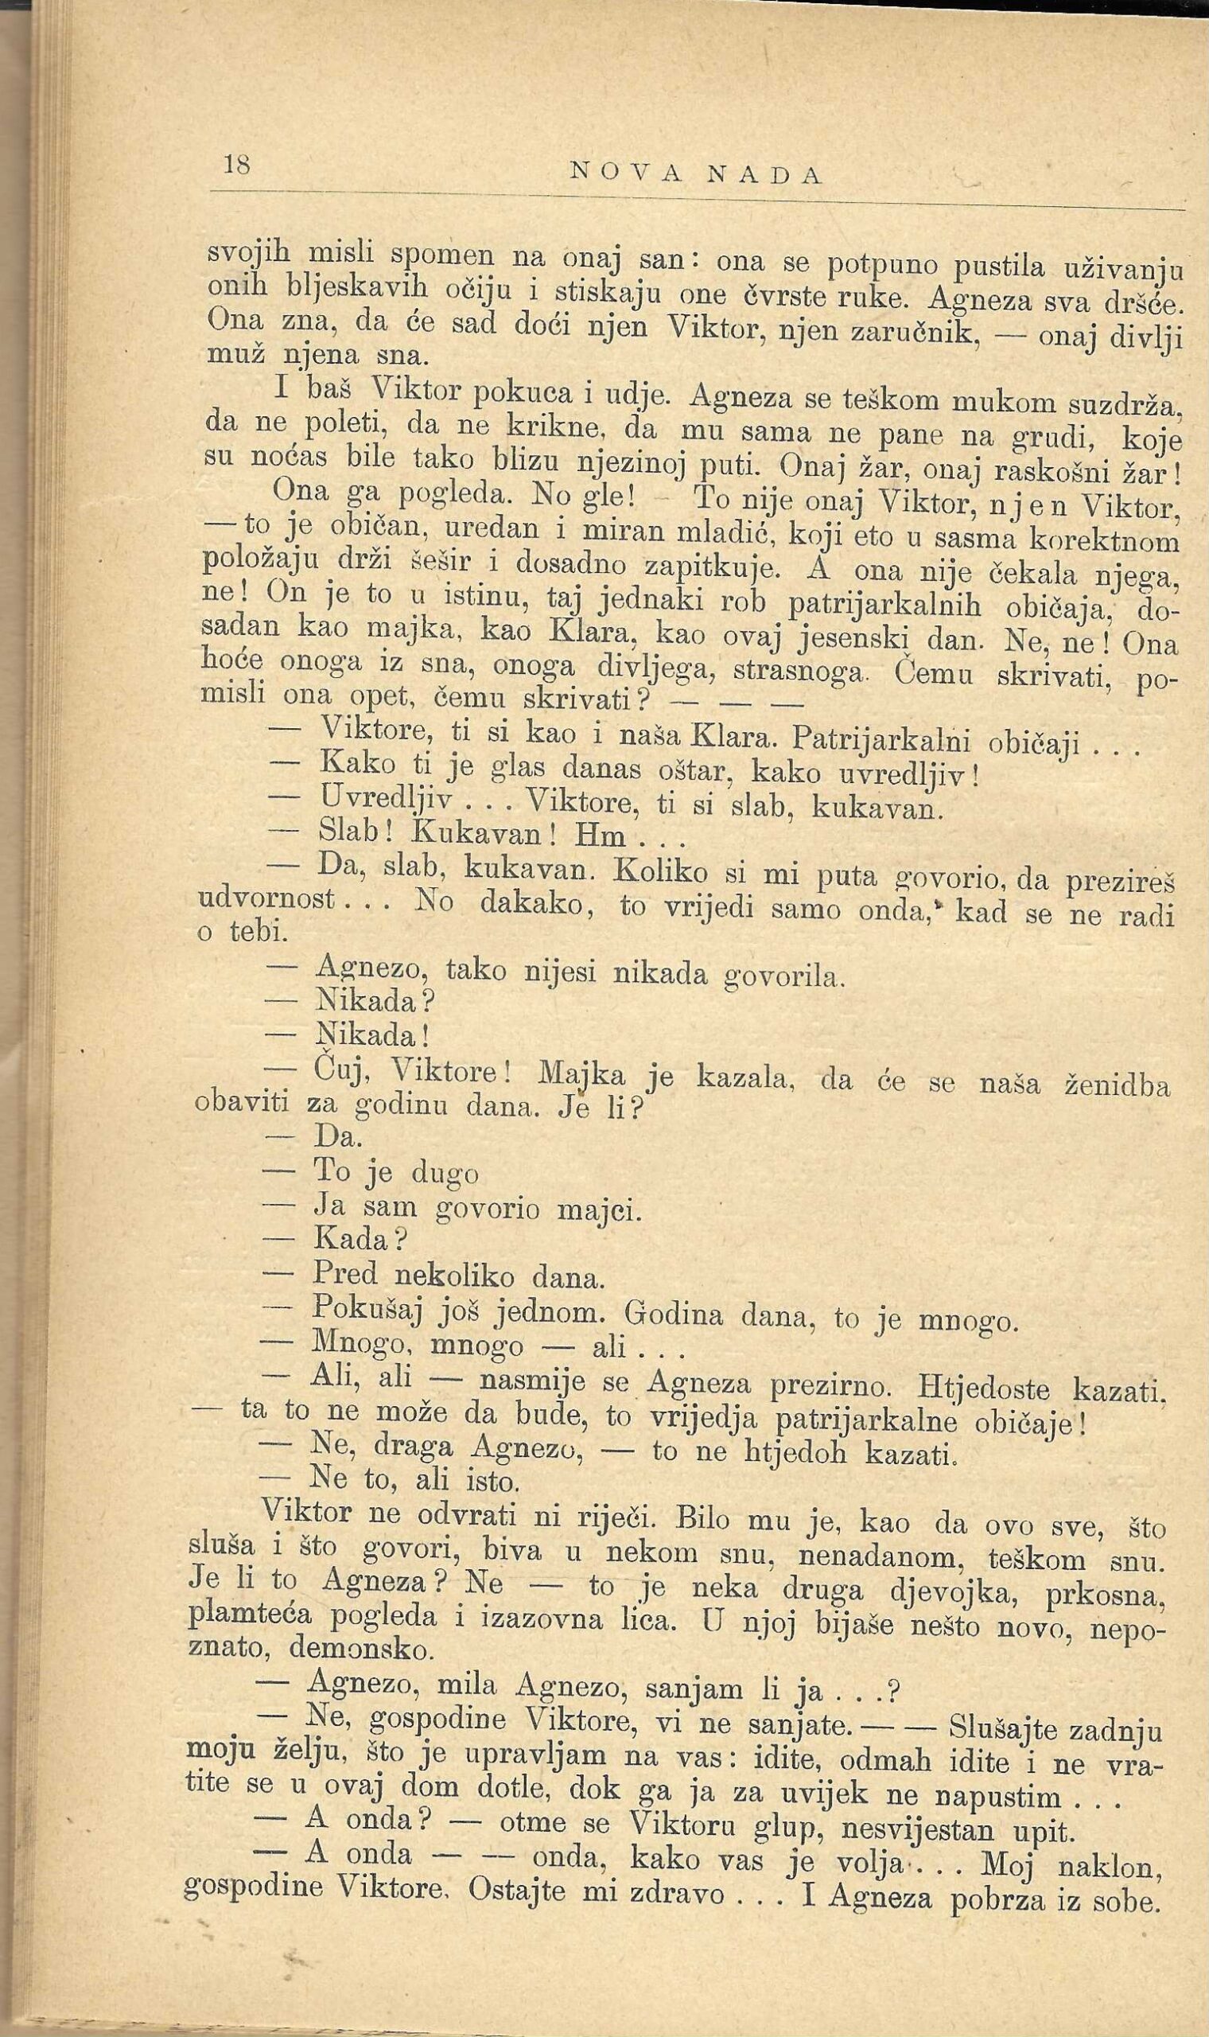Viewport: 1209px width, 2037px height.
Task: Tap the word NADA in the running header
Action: pyautogui.click(x=765, y=175)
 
